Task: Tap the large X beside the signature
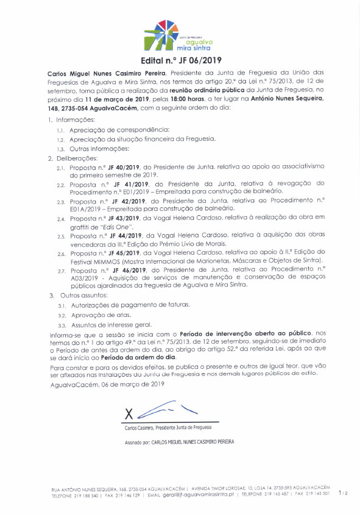pyautogui.click(x=129, y=413)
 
